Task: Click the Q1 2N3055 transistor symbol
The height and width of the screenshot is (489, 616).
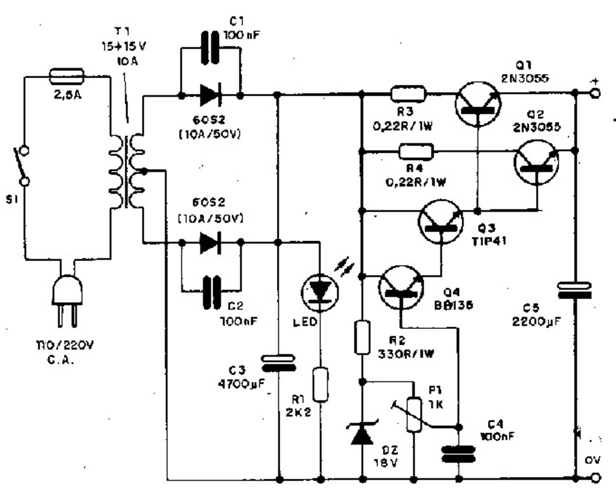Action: tap(477, 103)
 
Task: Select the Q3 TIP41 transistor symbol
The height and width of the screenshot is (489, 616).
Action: tap(441, 221)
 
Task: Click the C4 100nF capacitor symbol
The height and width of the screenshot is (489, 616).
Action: tap(458, 454)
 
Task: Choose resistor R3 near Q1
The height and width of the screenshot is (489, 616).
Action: tap(408, 93)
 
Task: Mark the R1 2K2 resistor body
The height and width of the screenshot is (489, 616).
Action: tap(321, 386)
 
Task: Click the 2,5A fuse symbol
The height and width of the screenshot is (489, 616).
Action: tap(67, 76)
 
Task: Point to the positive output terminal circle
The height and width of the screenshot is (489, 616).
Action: tap(596, 93)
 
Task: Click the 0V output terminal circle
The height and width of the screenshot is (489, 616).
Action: tap(596, 479)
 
